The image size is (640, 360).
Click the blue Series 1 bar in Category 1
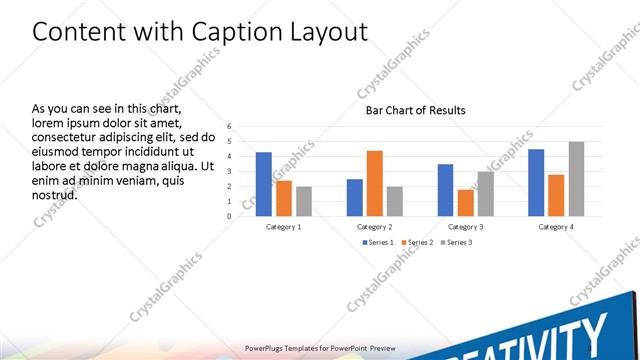tap(263, 184)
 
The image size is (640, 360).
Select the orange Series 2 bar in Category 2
tap(374, 183)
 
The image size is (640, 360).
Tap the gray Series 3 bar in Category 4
tap(576, 179)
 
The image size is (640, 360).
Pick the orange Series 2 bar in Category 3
tap(465, 203)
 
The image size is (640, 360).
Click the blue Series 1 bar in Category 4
tap(536, 182)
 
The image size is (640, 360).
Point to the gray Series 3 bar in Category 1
tap(303, 201)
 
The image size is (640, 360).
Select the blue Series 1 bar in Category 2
tap(354, 197)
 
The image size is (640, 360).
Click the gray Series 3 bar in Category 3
tap(485, 194)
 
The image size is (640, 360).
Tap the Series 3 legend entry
tap(456, 242)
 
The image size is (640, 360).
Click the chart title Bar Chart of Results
tap(414, 110)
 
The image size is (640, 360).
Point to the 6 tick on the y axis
tap(229, 127)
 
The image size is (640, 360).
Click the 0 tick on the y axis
tap(229, 216)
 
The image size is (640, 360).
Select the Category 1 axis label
tap(284, 227)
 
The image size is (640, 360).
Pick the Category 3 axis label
tap(466, 227)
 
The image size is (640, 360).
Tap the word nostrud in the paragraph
tap(55, 194)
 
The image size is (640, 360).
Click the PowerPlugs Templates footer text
tap(319, 348)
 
